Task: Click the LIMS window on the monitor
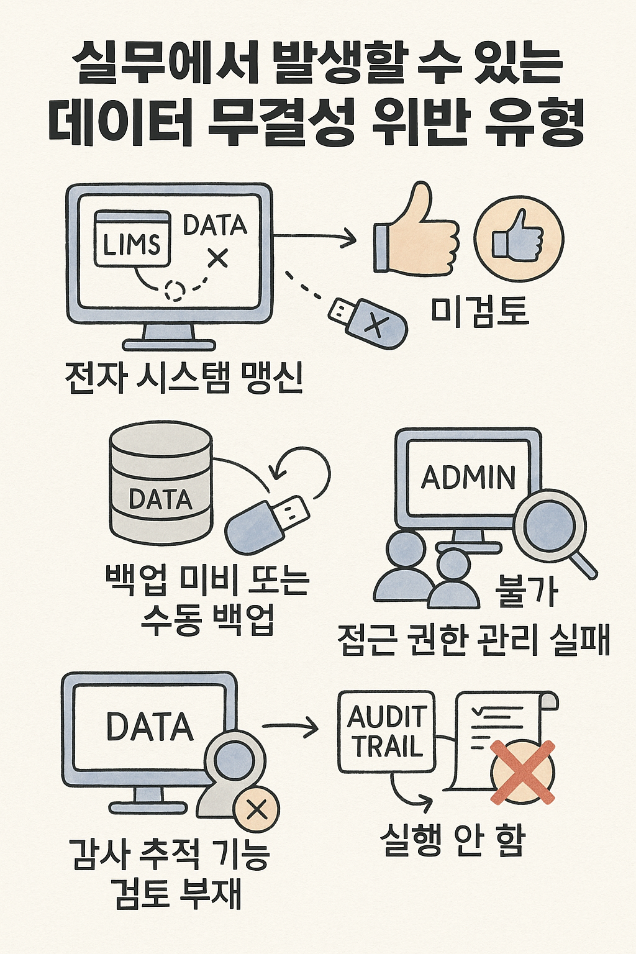click(132, 238)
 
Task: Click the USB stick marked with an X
click(370, 321)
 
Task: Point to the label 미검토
click(479, 311)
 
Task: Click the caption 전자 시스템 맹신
click(184, 377)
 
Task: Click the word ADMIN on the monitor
click(469, 478)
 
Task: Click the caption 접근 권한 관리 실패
click(474, 639)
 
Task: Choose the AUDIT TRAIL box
click(386, 731)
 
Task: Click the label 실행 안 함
click(453, 841)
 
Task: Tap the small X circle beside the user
click(256, 809)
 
